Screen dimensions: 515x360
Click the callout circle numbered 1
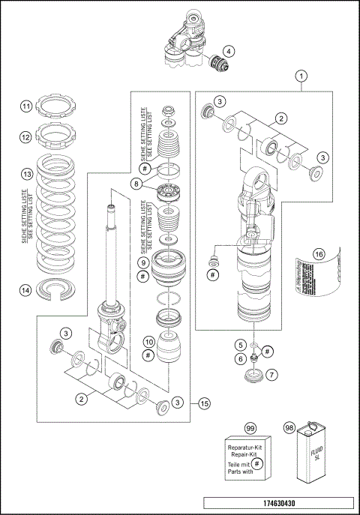(302, 76)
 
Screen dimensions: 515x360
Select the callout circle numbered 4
(228, 52)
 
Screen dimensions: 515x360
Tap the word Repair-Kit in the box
(246, 455)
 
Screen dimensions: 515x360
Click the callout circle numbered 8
(136, 183)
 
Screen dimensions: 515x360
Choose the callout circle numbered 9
(142, 263)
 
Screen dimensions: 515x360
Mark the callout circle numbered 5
(241, 345)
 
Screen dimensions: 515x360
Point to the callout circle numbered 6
(241, 358)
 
